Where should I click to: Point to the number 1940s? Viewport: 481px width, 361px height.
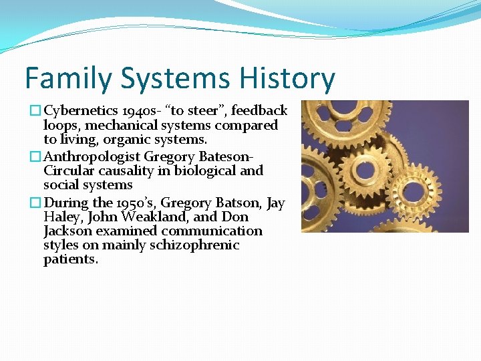pyautogui.click(x=137, y=110)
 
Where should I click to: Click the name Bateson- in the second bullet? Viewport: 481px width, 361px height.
pyautogui.click(x=223, y=156)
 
